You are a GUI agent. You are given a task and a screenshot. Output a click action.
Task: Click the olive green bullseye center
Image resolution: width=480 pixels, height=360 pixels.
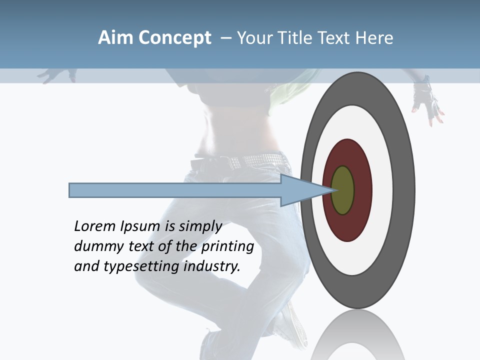coord(342,190)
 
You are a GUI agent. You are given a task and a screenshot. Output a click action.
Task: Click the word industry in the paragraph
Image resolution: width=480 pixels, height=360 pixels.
coord(212,267)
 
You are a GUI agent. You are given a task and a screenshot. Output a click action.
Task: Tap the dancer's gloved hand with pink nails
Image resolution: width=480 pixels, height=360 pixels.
coord(427,102)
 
